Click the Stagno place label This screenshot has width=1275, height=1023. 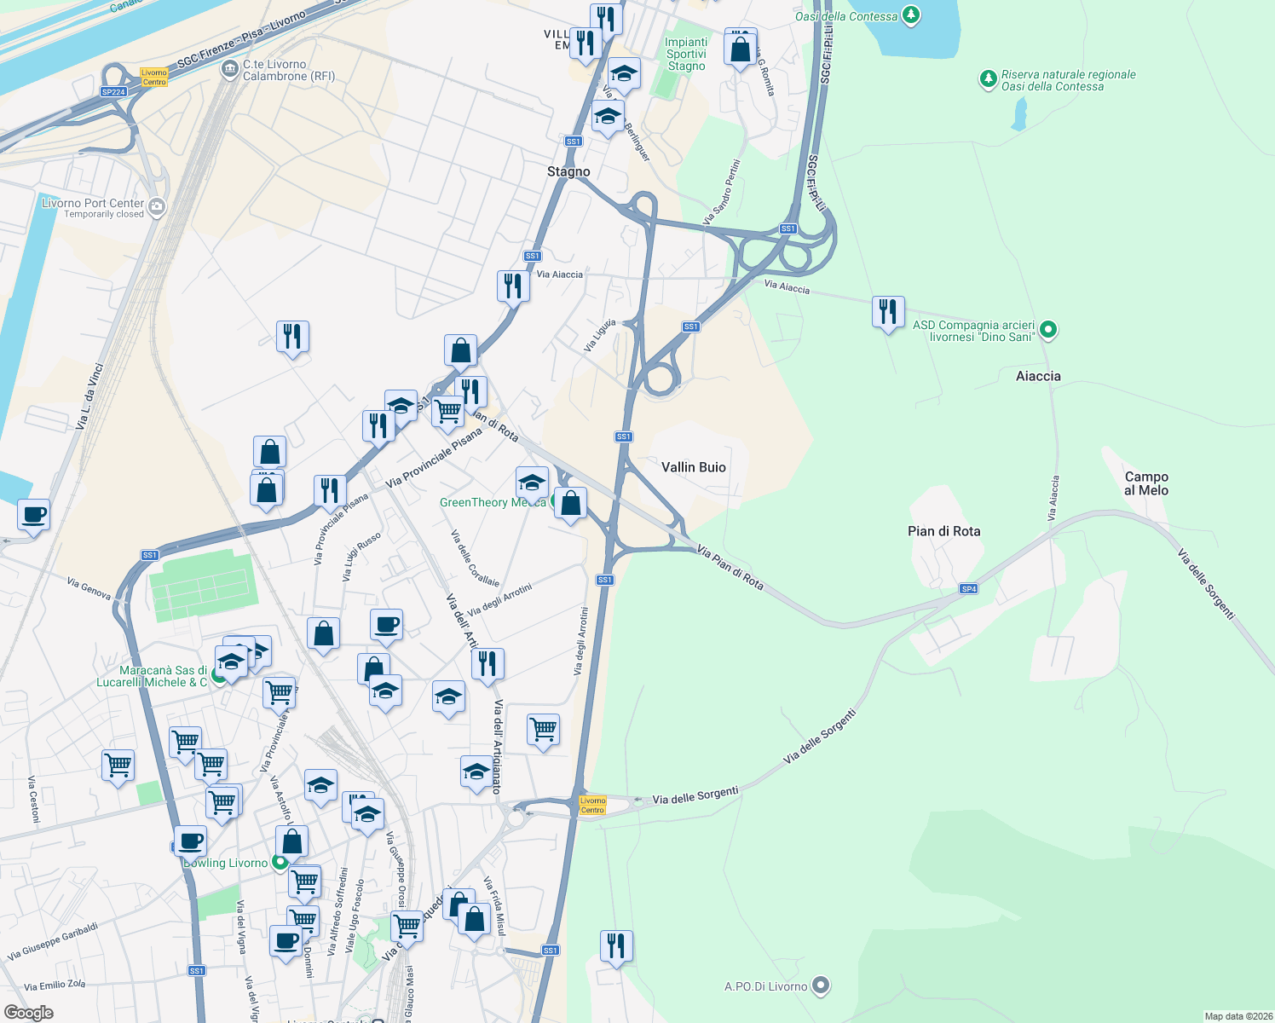[568, 172]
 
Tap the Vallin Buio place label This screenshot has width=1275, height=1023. [694, 467]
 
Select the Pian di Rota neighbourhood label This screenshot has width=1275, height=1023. [943, 531]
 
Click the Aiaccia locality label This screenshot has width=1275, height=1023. [1038, 376]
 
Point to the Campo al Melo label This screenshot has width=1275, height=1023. [1146, 483]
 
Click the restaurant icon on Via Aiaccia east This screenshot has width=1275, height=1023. [888, 312]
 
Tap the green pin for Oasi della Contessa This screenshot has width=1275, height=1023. [911, 14]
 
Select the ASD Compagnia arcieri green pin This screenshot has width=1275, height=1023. [1048, 330]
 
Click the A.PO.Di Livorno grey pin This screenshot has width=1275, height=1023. [820, 985]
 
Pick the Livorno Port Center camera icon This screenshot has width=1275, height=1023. [156, 206]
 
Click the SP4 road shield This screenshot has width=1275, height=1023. [968, 589]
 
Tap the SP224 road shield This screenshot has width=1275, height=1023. [113, 92]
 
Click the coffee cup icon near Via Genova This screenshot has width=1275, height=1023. [33, 516]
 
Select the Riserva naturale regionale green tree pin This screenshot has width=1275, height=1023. [988, 80]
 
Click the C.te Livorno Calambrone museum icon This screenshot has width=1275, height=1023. [229, 69]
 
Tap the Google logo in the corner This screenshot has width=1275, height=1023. [29, 1012]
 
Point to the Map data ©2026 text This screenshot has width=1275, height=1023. [1237, 1016]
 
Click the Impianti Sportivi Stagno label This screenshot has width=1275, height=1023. [686, 54]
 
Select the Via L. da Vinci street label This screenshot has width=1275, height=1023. [90, 396]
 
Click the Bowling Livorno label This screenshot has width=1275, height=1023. [226, 863]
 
